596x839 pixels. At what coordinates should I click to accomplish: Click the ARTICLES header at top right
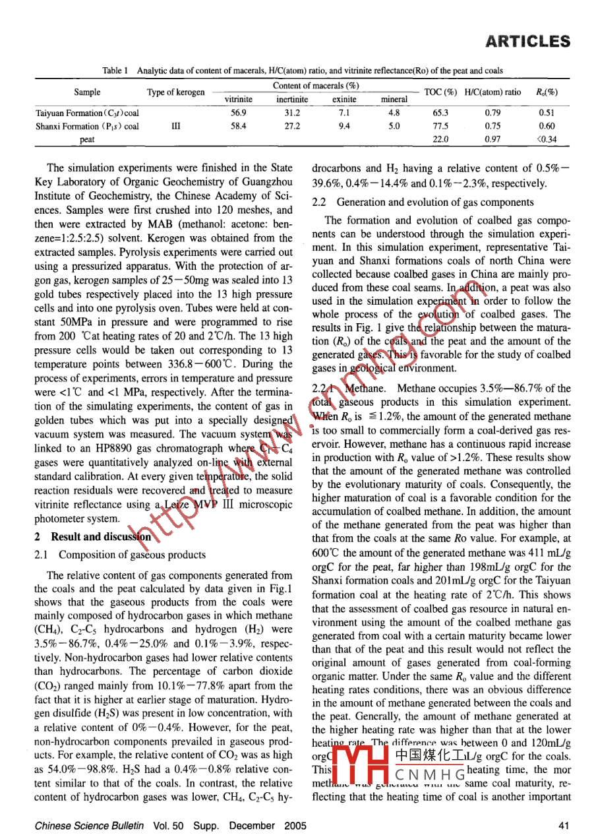[527, 42]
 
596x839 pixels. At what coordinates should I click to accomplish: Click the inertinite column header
[291, 100]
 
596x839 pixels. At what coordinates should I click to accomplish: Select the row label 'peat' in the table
[87, 139]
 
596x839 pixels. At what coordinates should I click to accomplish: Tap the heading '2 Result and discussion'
[92, 537]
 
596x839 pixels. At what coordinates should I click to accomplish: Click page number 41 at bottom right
[562, 825]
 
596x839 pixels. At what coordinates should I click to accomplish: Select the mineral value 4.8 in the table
[394, 113]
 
